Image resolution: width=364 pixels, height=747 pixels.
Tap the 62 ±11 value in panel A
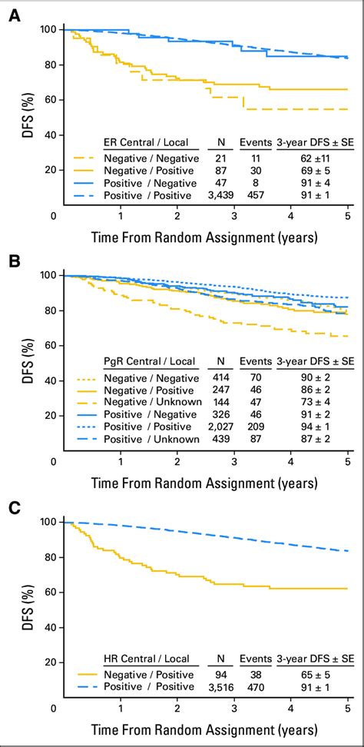(316, 157)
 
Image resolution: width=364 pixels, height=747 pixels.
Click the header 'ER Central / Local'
(148, 143)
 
